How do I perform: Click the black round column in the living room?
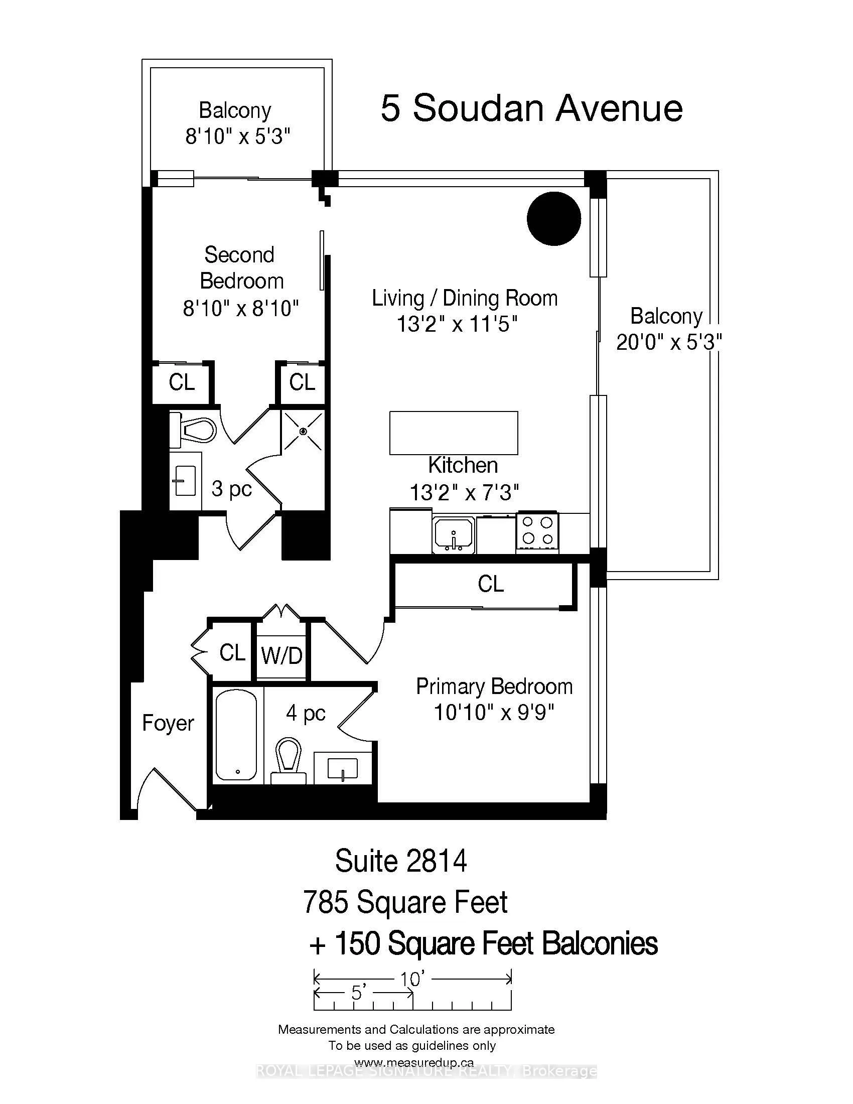click(x=554, y=218)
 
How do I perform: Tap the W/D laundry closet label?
click(x=281, y=656)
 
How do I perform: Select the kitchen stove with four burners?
click(x=537, y=532)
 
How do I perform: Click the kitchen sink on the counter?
click(x=453, y=535)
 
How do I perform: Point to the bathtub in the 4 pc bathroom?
click(x=236, y=736)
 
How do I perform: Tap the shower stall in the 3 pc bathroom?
click(x=302, y=431)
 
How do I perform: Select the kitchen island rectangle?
click(x=453, y=433)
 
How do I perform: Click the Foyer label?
click(x=168, y=723)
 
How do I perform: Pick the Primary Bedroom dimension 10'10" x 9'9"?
click(x=494, y=713)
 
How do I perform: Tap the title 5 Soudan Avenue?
click(x=531, y=108)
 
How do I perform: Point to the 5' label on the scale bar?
click(x=358, y=993)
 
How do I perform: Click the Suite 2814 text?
click(x=401, y=861)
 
